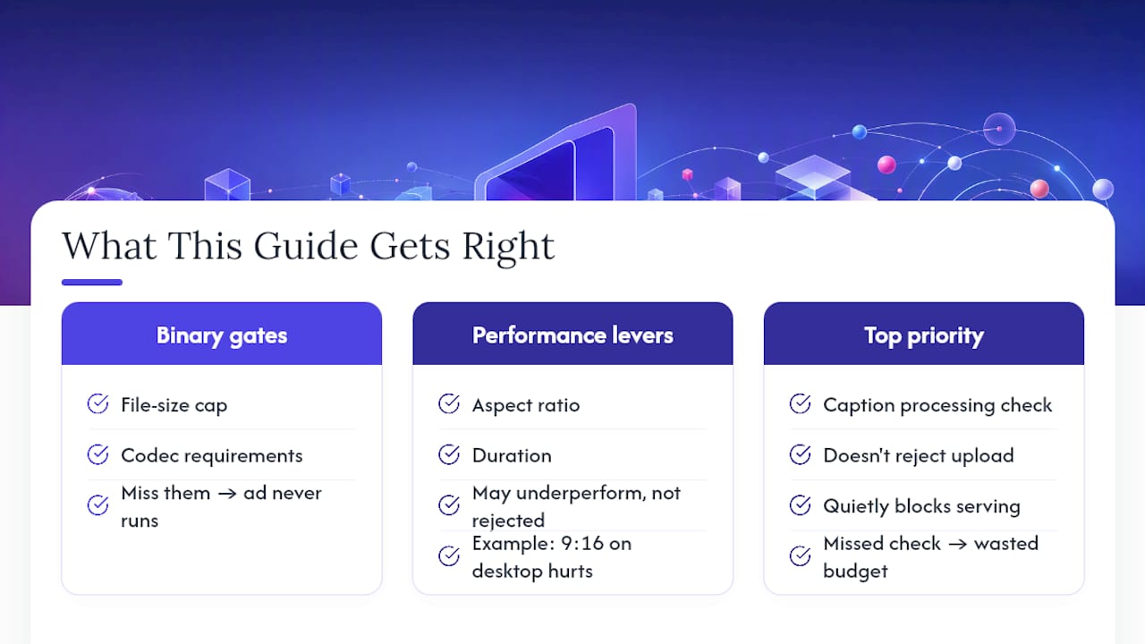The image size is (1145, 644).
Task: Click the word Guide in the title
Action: click(x=306, y=246)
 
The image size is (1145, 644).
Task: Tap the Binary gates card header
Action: click(x=221, y=334)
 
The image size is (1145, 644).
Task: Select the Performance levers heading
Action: click(x=572, y=335)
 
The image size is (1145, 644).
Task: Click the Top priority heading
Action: click(x=924, y=336)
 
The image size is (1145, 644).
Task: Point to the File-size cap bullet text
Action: click(x=174, y=405)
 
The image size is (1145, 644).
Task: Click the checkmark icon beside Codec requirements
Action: click(x=98, y=454)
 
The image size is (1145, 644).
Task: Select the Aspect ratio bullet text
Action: click(x=525, y=405)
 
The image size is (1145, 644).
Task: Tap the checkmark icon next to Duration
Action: click(x=449, y=454)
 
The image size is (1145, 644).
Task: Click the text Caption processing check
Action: click(x=937, y=405)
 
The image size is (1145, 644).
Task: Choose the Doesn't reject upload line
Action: click(x=918, y=455)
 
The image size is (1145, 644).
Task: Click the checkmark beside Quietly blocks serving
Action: click(x=800, y=505)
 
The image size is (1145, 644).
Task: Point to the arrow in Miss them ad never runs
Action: click(x=227, y=494)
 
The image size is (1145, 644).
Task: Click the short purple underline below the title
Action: click(x=92, y=282)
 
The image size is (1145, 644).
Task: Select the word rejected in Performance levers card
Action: click(x=508, y=521)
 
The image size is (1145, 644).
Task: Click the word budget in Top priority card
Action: click(x=855, y=572)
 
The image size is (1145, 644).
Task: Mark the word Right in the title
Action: click(x=508, y=247)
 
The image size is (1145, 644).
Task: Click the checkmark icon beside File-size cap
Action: click(x=98, y=403)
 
